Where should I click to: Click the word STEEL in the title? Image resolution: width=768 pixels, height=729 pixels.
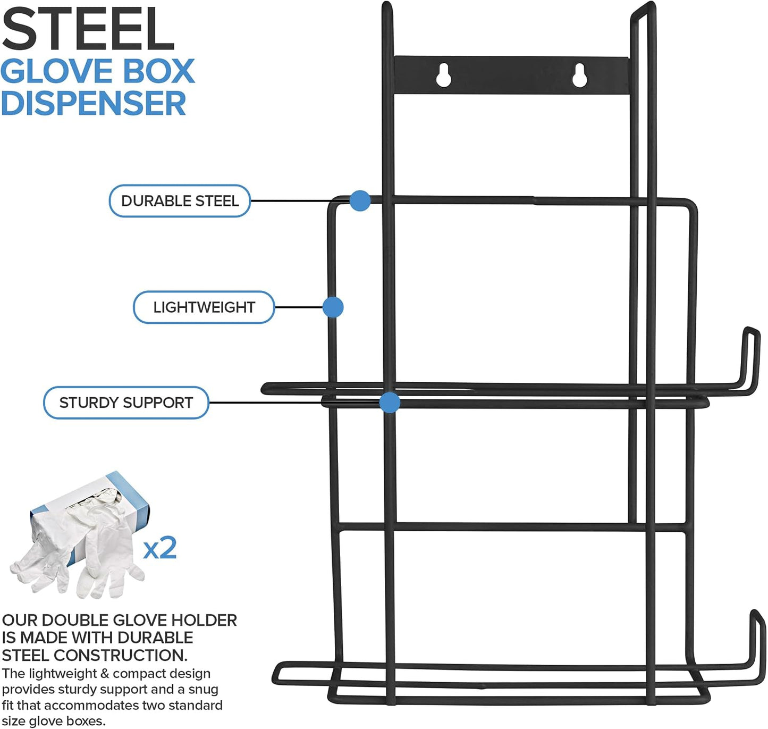coord(88,29)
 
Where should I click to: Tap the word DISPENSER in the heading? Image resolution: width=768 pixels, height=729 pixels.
coord(94,104)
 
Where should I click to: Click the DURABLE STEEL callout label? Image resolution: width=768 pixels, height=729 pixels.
coord(180,201)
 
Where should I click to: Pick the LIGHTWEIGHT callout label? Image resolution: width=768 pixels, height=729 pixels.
coord(204,307)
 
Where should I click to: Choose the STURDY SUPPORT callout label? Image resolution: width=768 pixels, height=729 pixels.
coord(126,403)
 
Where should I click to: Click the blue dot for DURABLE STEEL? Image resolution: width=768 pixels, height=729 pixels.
coord(360,201)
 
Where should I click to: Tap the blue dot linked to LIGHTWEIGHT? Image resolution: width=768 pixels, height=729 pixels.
coord(333,307)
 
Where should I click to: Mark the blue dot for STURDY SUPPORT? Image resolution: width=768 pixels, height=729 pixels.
coord(390,403)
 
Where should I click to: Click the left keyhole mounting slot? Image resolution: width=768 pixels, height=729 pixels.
coord(443,75)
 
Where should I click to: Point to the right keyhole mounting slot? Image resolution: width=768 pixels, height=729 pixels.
coord(579,75)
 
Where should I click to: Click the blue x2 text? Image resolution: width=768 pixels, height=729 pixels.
coord(160,548)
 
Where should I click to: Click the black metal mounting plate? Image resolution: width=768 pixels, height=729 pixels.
coord(511,75)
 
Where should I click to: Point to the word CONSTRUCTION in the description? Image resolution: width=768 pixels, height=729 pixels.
coord(120,656)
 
